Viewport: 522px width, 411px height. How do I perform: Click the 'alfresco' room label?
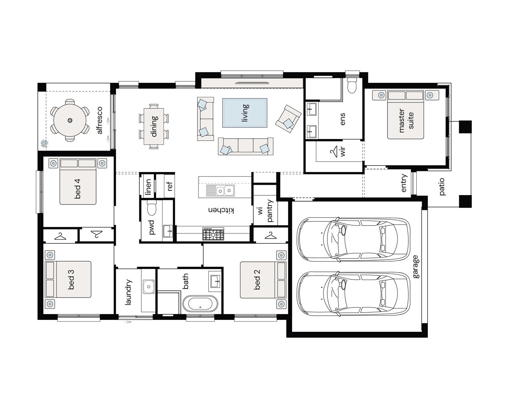click(100, 120)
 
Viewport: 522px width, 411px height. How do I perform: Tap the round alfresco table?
click(70, 120)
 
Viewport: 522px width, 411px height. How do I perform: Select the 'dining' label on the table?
click(154, 126)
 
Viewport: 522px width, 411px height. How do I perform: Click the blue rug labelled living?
click(245, 113)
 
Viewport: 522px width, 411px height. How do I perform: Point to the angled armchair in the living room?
click(288, 119)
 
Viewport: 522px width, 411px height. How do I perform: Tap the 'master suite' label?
click(406, 120)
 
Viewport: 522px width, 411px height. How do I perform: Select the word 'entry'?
click(404, 183)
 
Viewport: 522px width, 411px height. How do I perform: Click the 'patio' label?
click(442, 186)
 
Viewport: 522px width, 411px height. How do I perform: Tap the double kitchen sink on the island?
click(220, 191)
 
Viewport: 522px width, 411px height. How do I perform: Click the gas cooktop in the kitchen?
click(213, 234)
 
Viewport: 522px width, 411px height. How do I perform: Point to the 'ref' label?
click(170, 186)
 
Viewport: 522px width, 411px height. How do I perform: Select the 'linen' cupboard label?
click(148, 187)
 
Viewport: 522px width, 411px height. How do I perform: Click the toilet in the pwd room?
click(152, 208)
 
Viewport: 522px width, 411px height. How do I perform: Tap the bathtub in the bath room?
click(200, 303)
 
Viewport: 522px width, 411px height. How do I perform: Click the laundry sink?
click(149, 286)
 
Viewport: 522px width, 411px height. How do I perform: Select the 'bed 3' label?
click(71, 280)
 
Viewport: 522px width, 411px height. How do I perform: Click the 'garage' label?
click(416, 266)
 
